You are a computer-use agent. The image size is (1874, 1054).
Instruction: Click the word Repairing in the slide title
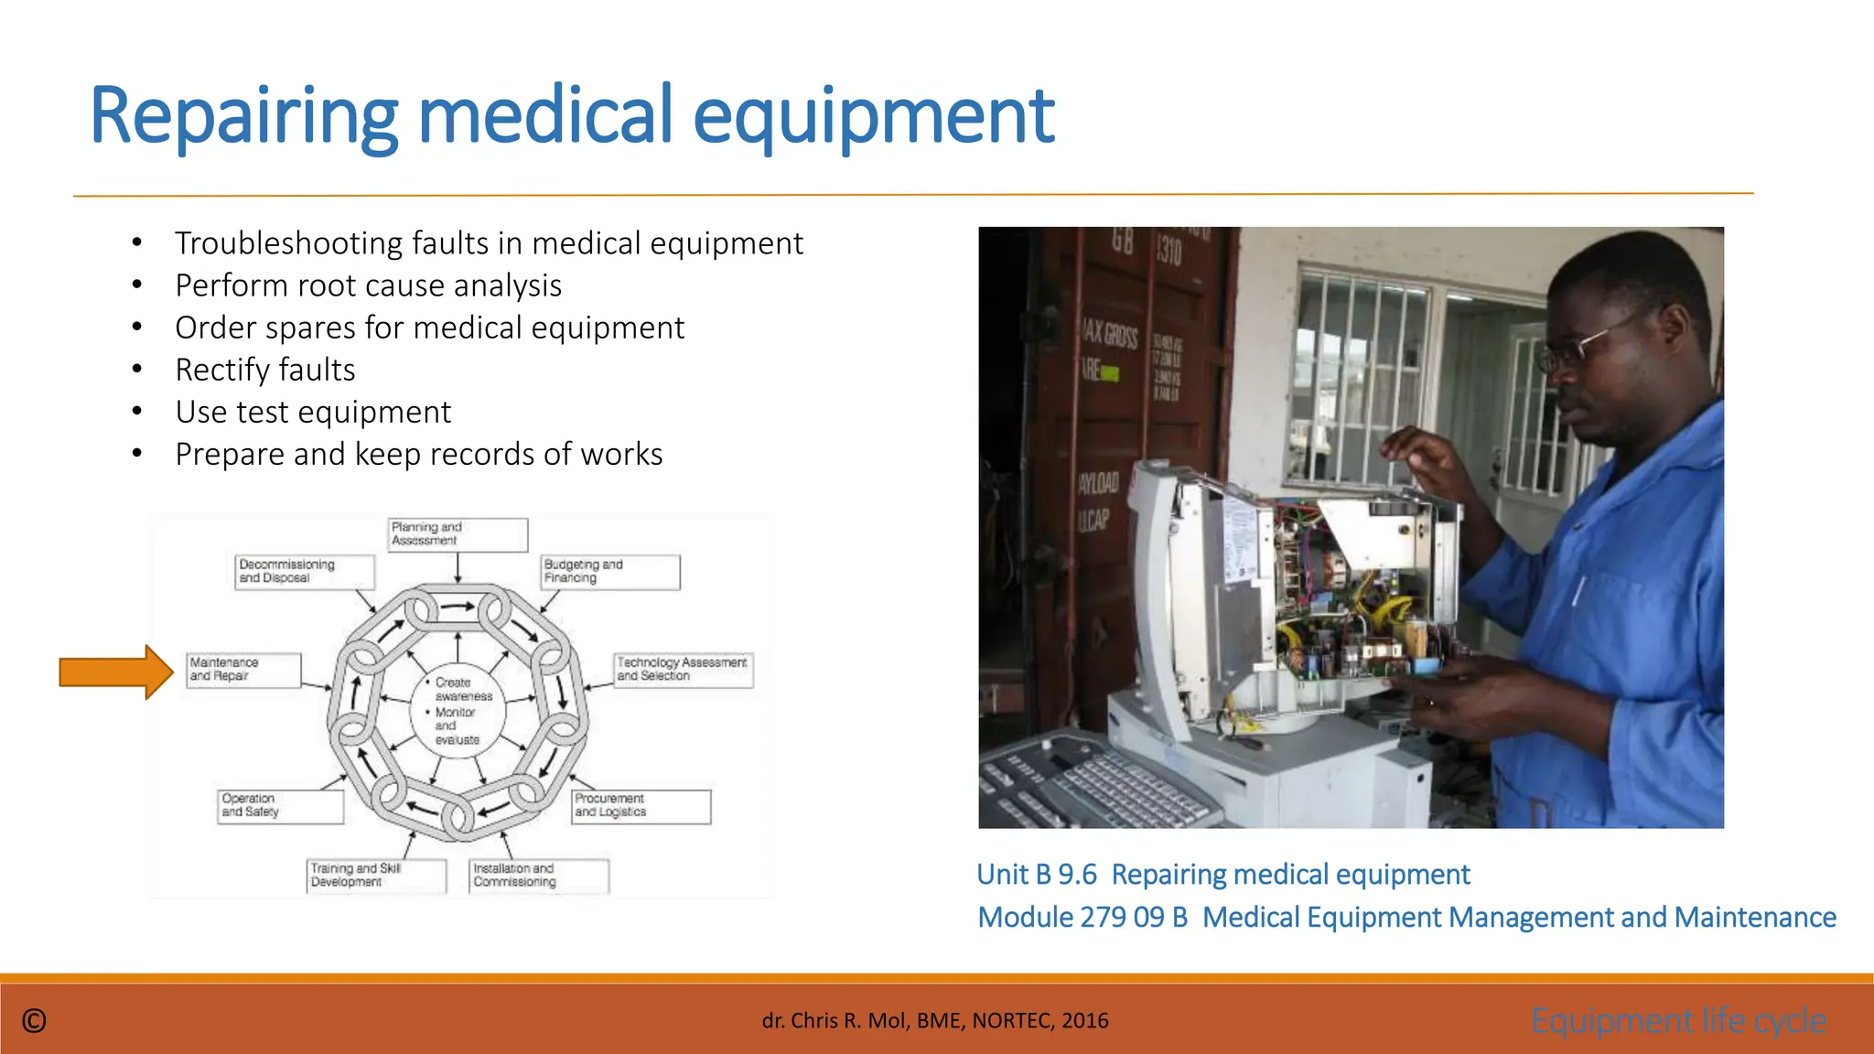tap(244, 116)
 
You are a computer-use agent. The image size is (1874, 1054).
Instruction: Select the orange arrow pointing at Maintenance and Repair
tap(115, 672)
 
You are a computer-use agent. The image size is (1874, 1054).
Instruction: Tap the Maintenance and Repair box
tap(243, 670)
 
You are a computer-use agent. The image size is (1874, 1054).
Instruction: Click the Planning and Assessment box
tap(458, 534)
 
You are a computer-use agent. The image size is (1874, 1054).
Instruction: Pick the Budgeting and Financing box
tap(610, 572)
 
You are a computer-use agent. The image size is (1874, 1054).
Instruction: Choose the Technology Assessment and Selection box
tap(684, 670)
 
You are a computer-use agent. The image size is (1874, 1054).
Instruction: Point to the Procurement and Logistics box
tap(641, 806)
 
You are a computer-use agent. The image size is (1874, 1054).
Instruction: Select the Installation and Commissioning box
tap(539, 876)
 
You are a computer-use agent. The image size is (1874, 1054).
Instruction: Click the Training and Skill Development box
tap(376, 876)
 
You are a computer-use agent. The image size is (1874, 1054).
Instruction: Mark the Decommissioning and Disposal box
tap(305, 572)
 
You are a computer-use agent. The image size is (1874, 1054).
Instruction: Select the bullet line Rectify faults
tap(265, 371)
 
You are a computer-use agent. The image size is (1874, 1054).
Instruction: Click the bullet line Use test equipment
tap(313, 413)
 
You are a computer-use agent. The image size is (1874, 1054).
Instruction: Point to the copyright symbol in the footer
tap(34, 1021)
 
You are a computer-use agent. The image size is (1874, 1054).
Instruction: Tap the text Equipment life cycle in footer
tap(1678, 1020)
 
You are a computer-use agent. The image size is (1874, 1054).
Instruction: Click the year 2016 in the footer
tap(1085, 1021)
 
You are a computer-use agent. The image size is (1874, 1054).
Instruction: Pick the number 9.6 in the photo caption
tap(1077, 875)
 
